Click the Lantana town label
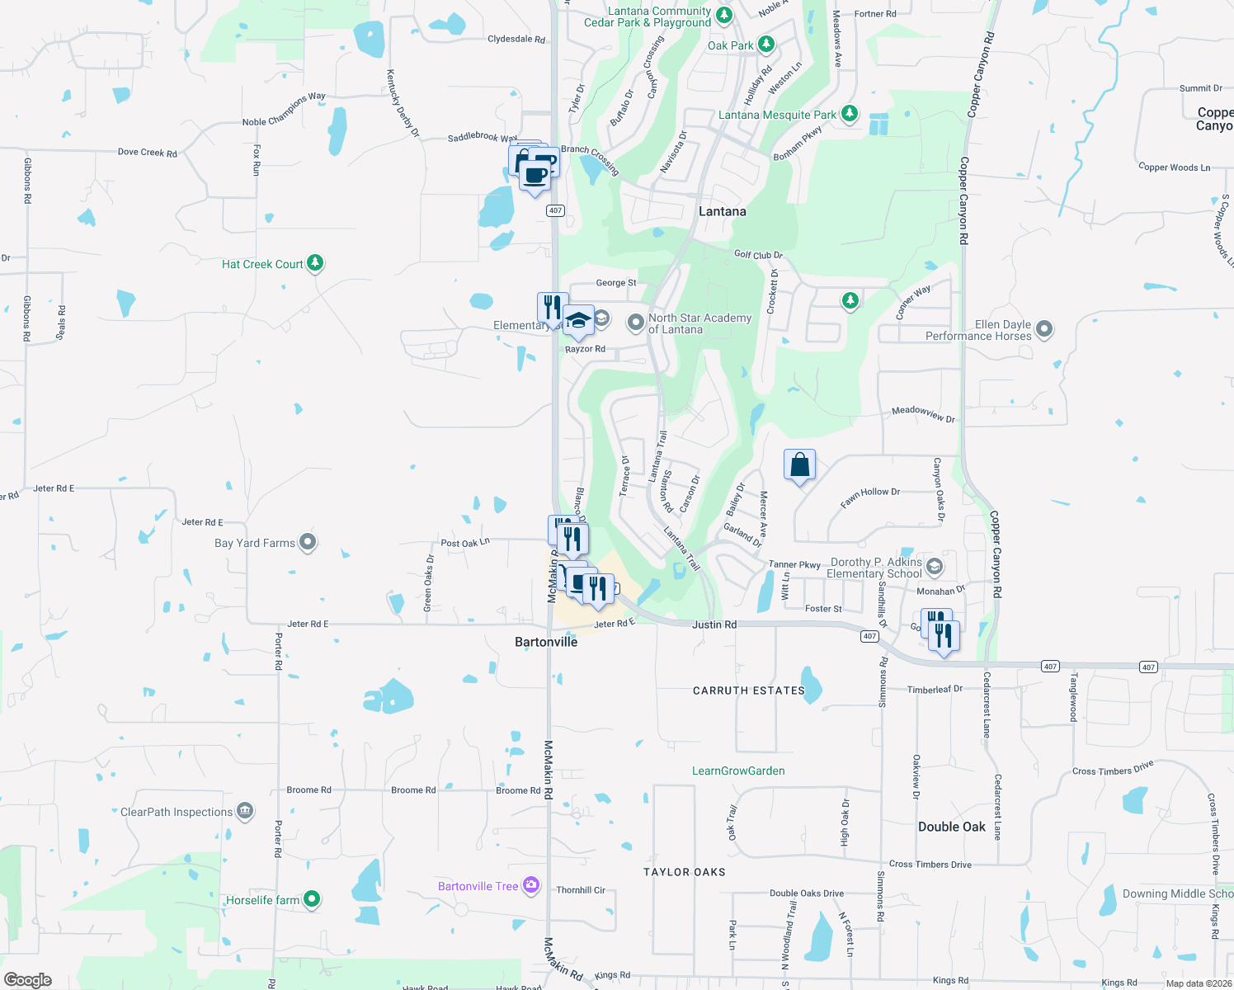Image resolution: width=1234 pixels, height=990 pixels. pyautogui.click(x=722, y=211)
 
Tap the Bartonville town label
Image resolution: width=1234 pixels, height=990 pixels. pyautogui.click(x=546, y=642)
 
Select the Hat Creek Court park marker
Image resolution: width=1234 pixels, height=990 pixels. pyautogui.click(x=315, y=263)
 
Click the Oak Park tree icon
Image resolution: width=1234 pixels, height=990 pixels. pyautogui.click(x=766, y=44)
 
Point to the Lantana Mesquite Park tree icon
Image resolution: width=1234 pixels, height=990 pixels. pyautogui.click(x=850, y=114)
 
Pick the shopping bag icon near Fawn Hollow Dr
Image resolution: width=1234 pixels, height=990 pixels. pyautogui.click(x=799, y=465)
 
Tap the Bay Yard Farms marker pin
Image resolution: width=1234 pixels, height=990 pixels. pyautogui.click(x=308, y=542)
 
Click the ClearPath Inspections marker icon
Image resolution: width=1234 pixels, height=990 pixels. pyautogui.click(x=245, y=811)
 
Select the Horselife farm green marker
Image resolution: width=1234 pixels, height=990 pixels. pyautogui.click(x=312, y=898)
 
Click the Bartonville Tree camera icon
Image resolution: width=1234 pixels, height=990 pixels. pyautogui.click(x=531, y=885)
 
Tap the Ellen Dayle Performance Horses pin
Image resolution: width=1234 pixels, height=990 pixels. pyautogui.click(x=1044, y=330)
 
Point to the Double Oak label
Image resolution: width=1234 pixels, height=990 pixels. pyautogui.click(x=952, y=827)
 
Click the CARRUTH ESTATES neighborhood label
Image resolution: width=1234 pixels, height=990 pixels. pyautogui.click(x=748, y=691)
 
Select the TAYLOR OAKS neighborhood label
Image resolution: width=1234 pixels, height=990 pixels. pyautogui.click(x=685, y=872)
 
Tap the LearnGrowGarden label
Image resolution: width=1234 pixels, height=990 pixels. pyautogui.click(x=738, y=771)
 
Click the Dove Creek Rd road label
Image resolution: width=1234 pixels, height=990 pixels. pyautogui.click(x=147, y=152)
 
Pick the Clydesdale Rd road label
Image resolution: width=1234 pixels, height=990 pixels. pyautogui.click(x=516, y=39)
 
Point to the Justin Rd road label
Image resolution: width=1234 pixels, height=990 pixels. pyautogui.click(x=714, y=625)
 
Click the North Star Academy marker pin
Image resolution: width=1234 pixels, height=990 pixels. pyautogui.click(x=635, y=323)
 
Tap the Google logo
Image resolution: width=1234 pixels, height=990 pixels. pyautogui.click(x=28, y=979)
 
